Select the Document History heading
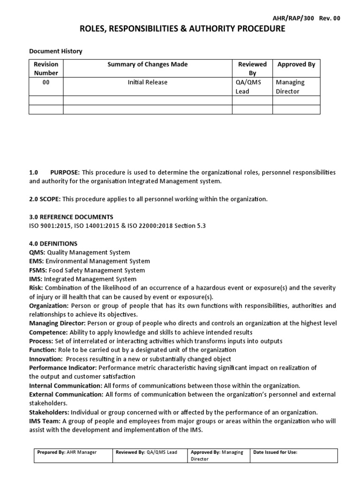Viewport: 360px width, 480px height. (56, 51)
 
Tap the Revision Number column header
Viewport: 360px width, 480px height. (46, 68)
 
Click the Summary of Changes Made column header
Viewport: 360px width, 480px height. (148, 64)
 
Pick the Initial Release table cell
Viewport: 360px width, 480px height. (148, 82)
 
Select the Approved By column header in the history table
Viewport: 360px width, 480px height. (296, 64)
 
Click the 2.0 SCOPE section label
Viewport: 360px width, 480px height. (45, 199)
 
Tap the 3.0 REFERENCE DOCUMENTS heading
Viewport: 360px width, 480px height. (71, 217)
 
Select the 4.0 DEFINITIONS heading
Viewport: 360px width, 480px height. (53, 243)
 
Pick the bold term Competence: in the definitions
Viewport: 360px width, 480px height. (48, 332)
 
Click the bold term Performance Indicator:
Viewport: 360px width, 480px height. (63, 368)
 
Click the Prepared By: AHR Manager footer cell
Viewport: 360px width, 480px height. (67, 452)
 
